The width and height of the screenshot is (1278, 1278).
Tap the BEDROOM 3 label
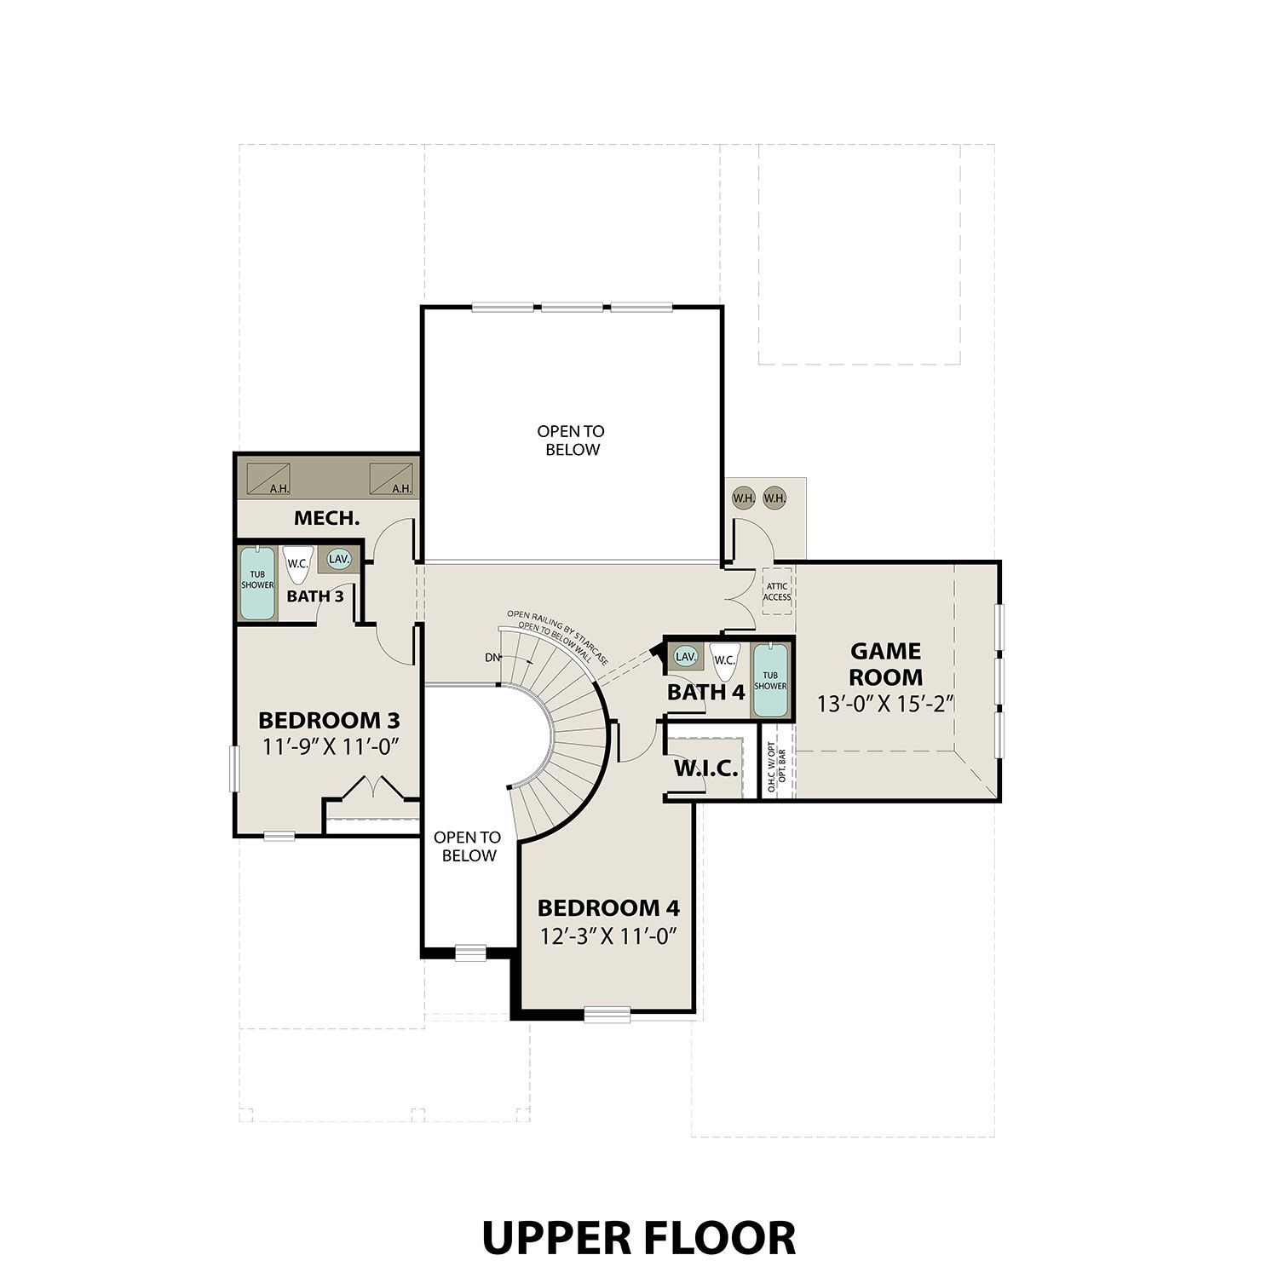click(329, 720)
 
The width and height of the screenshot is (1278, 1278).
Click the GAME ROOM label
click(885, 665)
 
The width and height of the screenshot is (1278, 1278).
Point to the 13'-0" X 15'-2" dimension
click(884, 705)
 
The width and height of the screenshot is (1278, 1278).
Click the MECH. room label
click(326, 518)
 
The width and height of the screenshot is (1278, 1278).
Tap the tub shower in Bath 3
click(257, 584)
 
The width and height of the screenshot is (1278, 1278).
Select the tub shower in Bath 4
click(770, 681)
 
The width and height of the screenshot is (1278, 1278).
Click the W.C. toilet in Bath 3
click(297, 564)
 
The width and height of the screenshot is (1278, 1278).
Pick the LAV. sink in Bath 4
click(685, 657)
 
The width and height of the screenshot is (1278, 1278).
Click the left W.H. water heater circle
click(743, 498)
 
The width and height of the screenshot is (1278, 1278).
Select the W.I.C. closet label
click(705, 769)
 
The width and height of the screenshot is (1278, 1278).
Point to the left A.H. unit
click(268, 479)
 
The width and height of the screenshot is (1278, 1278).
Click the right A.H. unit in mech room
click(391, 479)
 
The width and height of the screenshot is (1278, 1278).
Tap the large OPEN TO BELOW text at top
click(571, 440)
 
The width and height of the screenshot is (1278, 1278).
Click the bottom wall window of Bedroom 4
click(607, 1014)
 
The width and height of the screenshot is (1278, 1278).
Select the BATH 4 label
click(705, 692)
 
